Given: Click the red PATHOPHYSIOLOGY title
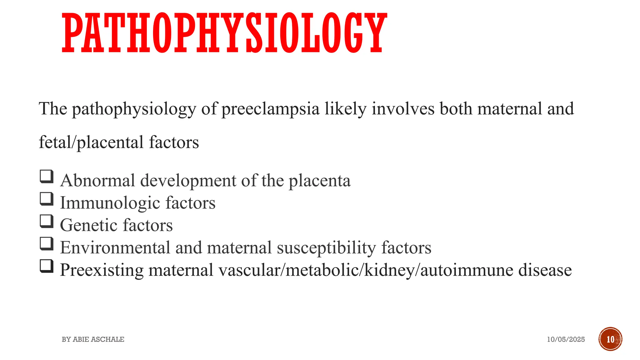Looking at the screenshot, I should pos(224,33).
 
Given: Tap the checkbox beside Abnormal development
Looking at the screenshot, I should pos(47,176).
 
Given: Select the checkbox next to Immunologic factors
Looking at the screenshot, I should pos(47,199).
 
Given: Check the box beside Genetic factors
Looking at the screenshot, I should pos(47,221).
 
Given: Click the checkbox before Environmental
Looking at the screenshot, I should pos(47,244).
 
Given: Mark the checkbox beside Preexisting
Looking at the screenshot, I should pos(47,266).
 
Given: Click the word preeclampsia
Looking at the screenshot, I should pos(271,109).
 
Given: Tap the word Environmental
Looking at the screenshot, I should pos(115,247).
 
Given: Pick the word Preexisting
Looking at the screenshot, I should pos(101,270).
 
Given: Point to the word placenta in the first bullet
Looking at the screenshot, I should pos(319,181).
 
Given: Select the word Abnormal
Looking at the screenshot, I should pos(97,181).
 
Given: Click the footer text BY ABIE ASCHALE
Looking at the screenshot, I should pos(93,339).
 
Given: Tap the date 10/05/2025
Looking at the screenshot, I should pos(566,339).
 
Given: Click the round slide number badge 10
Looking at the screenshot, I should pos(610,339).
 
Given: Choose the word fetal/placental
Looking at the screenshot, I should pos(91,143).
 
